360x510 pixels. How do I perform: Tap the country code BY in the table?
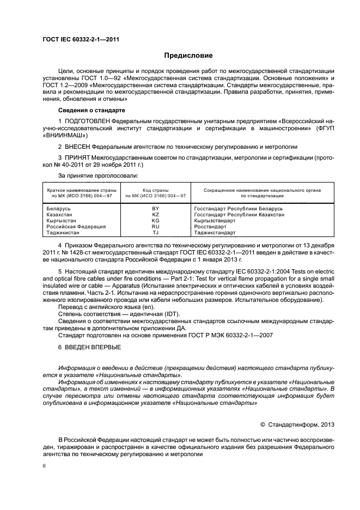(155, 209)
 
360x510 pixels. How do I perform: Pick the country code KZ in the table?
(155, 215)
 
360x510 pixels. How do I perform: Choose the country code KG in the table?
(155, 221)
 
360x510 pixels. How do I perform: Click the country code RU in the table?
(155, 227)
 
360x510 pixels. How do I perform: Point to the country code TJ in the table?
(155, 233)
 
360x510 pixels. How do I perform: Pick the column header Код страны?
(155, 189)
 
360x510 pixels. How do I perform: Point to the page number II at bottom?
(45, 466)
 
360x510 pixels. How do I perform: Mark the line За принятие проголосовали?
(98, 175)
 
